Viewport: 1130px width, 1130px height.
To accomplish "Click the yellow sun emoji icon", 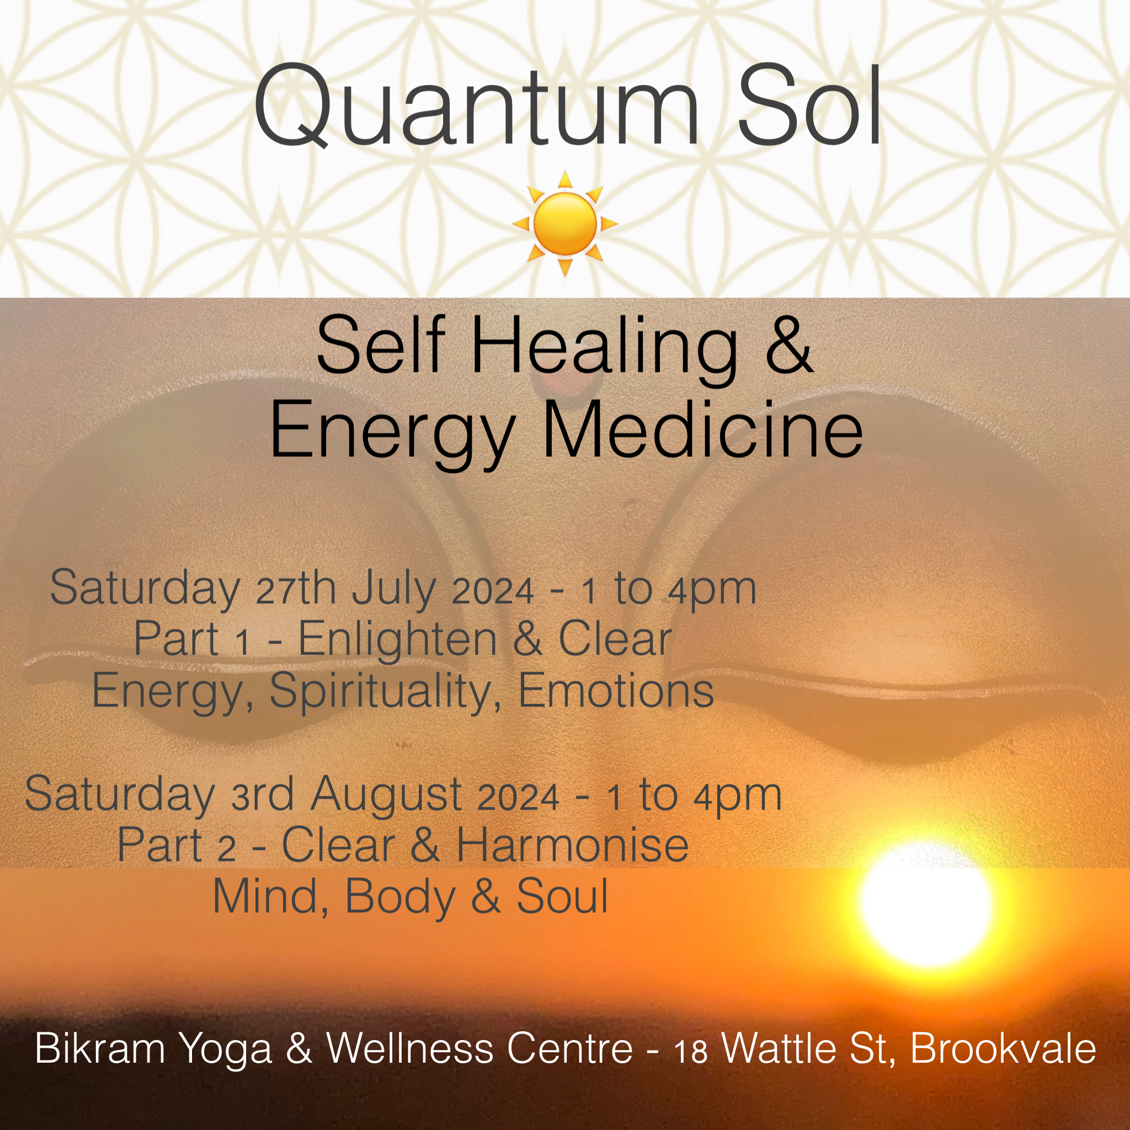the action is (x=565, y=223).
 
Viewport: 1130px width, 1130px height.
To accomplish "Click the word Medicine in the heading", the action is (x=702, y=431).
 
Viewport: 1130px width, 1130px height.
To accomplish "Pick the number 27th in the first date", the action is (x=296, y=588).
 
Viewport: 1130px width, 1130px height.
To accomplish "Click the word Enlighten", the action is (x=398, y=640).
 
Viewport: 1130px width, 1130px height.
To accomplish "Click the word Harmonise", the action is (x=572, y=845).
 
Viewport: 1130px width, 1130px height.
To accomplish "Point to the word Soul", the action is (x=562, y=897).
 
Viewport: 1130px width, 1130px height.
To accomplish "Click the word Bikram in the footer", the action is (x=100, y=1048).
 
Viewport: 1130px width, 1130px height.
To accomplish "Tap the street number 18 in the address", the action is (x=691, y=1052).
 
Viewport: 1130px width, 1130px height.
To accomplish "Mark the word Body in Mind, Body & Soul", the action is (x=400, y=898).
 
